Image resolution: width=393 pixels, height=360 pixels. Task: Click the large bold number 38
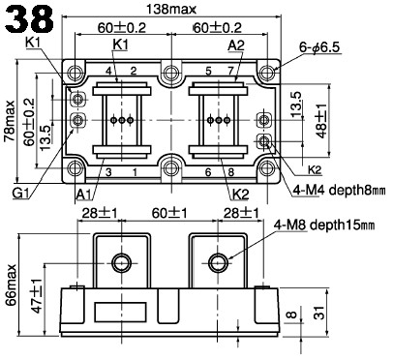(28, 18)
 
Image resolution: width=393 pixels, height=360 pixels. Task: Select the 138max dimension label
(171, 9)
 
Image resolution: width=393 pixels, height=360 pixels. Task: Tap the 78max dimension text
(9, 121)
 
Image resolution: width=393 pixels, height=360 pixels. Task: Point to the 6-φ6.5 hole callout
(319, 47)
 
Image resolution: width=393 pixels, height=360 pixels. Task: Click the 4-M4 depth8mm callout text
(339, 190)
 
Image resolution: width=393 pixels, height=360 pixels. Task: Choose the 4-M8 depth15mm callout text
(324, 225)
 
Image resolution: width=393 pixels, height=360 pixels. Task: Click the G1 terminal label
(20, 193)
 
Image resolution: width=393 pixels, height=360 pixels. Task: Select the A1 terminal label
(84, 195)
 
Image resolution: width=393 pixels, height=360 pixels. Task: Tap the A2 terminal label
(236, 45)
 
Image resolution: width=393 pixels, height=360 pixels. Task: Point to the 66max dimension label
(11, 285)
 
